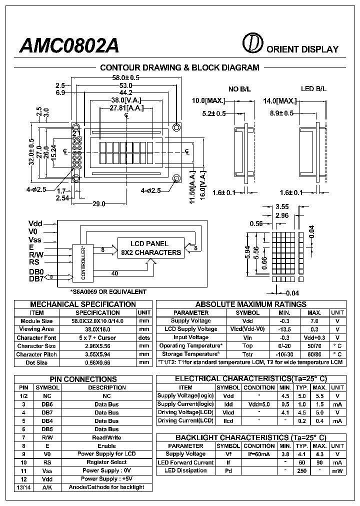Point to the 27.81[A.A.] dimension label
126,107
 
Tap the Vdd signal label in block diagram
35,223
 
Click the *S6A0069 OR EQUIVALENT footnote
108,291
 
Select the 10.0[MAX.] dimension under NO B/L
209,100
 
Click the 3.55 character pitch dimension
282,206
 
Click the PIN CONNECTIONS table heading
83,379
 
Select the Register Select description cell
106,462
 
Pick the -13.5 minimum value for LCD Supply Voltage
284,329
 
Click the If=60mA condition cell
259,454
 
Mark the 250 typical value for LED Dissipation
301,470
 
